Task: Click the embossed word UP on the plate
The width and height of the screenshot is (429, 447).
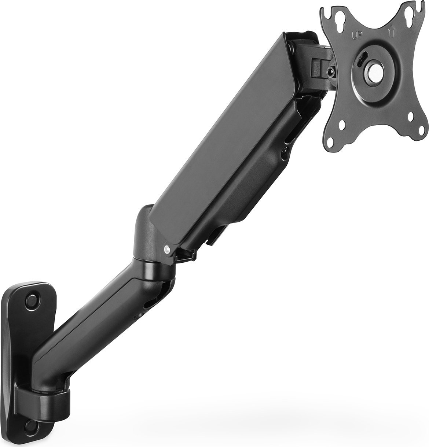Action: click(x=357, y=36)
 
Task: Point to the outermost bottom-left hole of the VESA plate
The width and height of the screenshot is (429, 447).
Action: click(x=335, y=145)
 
